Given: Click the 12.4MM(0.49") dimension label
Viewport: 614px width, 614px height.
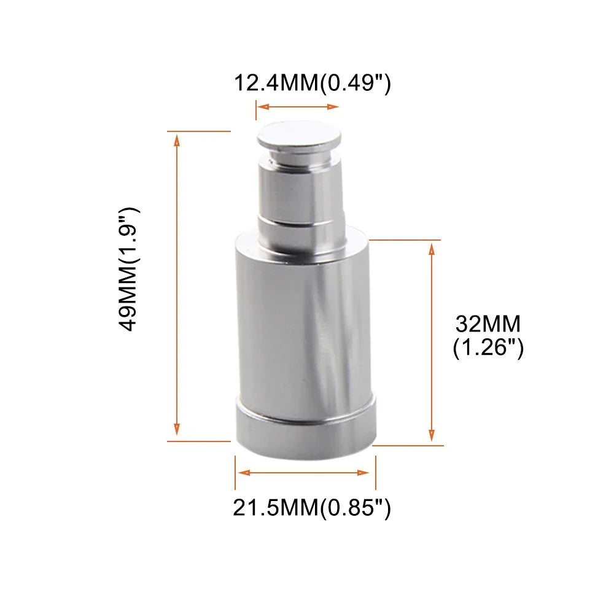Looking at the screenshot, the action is coord(312,83).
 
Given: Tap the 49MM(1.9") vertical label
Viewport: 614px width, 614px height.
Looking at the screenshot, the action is coord(129,270).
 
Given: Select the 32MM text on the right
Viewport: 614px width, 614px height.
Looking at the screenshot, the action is coord(488,324).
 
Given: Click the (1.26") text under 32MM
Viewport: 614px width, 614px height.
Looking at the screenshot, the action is coord(488,347).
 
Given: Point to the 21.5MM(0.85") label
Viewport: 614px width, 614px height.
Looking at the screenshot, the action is coord(312,508).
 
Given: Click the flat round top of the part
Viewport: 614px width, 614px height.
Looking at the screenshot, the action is coord(299,134).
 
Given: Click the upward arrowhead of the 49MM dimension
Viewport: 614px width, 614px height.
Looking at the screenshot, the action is coord(177,140).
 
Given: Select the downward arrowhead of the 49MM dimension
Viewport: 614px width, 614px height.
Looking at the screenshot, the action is coord(177,429).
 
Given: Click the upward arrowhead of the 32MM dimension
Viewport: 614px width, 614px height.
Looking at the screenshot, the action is coord(432,249).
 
